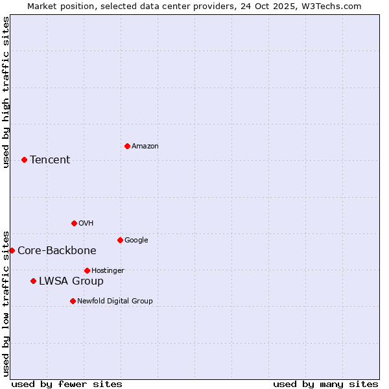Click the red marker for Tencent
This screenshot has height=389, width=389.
[24, 159]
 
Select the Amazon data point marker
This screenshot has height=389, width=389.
[127, 146]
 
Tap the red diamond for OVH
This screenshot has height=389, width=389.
[74, 223]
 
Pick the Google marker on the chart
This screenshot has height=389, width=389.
[120, 240]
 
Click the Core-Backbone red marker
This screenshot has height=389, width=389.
[12, 250]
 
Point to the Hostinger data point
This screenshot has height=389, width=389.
[87, 270]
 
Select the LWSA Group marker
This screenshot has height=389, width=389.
[33, 281]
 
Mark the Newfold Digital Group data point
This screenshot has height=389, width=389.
[73, 301]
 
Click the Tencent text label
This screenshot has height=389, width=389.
[50, 159]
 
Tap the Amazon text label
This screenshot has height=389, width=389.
[145, 146]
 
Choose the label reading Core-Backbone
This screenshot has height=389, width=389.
[57, 250]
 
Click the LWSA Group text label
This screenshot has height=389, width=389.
[71, 281]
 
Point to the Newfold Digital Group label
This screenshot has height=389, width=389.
[115, 301]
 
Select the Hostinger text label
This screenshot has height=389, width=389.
[108, 270]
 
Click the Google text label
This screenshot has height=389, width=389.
[136, 240]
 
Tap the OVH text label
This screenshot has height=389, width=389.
[86, 223]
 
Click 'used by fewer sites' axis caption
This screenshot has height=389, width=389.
[67, 384]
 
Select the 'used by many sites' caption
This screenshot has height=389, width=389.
[325, 384]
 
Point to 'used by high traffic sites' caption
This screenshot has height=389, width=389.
[6, 92]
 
